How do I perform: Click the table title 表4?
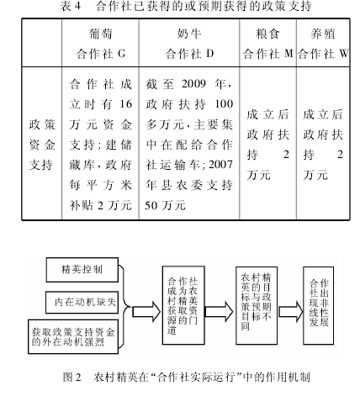click(71, 6)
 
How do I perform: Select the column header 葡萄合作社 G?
click(101, 44)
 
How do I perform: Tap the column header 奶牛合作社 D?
click(189, 44)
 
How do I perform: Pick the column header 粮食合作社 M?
click(267, 44)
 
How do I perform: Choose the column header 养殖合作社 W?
click(323, 44)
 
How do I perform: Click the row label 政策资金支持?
click(42, 145)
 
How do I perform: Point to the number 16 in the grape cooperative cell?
click(126, 104)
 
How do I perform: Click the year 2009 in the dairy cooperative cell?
click(193, 83)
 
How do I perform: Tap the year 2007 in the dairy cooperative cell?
click(220, 165)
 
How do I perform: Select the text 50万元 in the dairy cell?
click(165, 205)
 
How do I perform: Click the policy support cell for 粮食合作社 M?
click(267, 145)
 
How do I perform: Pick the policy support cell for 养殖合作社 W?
click(323, 145)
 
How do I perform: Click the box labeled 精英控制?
click(82, 270)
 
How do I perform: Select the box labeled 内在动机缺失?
click(82, 303)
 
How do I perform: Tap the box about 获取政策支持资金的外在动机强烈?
click(73, 337)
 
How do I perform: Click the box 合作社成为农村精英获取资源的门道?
click(183, 305)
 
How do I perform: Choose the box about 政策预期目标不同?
click(257, 305)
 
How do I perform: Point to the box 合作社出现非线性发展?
click(318, 305)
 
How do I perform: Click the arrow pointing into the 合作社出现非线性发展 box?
click(291, 311)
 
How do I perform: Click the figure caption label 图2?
click(71, 377)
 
